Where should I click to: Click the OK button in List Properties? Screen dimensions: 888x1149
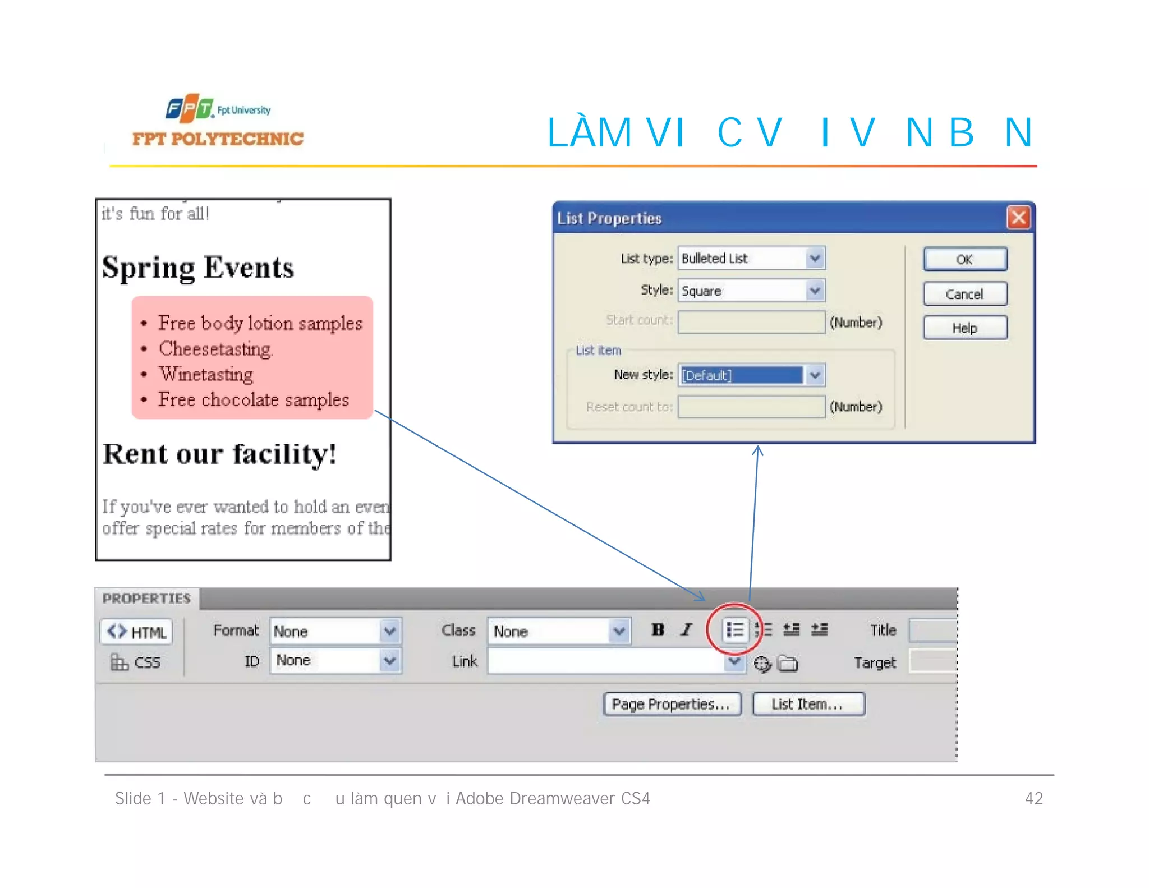pos(964,259)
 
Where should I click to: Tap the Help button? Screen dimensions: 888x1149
pos(964,328)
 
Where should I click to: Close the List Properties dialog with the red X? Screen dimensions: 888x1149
pos(1018,218)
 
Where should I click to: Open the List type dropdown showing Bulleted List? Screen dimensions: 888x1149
pos(751,258)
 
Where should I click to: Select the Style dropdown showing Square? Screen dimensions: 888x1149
pos(751,291)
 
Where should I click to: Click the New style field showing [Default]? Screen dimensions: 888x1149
pos(751,375)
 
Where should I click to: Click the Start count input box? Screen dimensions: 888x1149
pos(751,322)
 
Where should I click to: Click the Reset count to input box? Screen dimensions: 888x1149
pos(751,407)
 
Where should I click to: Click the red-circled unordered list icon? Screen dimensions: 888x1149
pos(734,630)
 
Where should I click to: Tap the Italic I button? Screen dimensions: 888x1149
pos(686,630)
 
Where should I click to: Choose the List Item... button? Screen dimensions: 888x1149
pos(808,704)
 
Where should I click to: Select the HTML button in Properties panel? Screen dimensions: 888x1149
pos(136,632)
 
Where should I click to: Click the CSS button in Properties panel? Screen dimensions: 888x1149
pos(136,662)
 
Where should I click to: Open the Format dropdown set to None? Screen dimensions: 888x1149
pos(335,631)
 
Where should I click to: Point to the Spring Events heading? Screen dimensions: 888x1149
pos(197,268)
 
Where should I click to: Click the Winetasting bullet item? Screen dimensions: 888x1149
pos(206,374)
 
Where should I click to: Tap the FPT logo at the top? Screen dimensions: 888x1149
pos(190,108)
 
